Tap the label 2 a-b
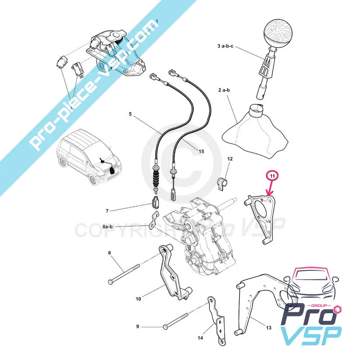[x=224, y=90]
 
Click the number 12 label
[x=230, y=159]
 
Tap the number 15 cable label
[x=201, y=151]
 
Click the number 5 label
[x=131, y=114]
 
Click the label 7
[x=107, y=211]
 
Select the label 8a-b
[x=108, y=227]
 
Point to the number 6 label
[x=109, y=252]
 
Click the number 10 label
[x=138, y=298]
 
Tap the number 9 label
[x=138, y=327]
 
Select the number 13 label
[x=269, y=328]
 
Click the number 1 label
[x=157, y=22]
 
